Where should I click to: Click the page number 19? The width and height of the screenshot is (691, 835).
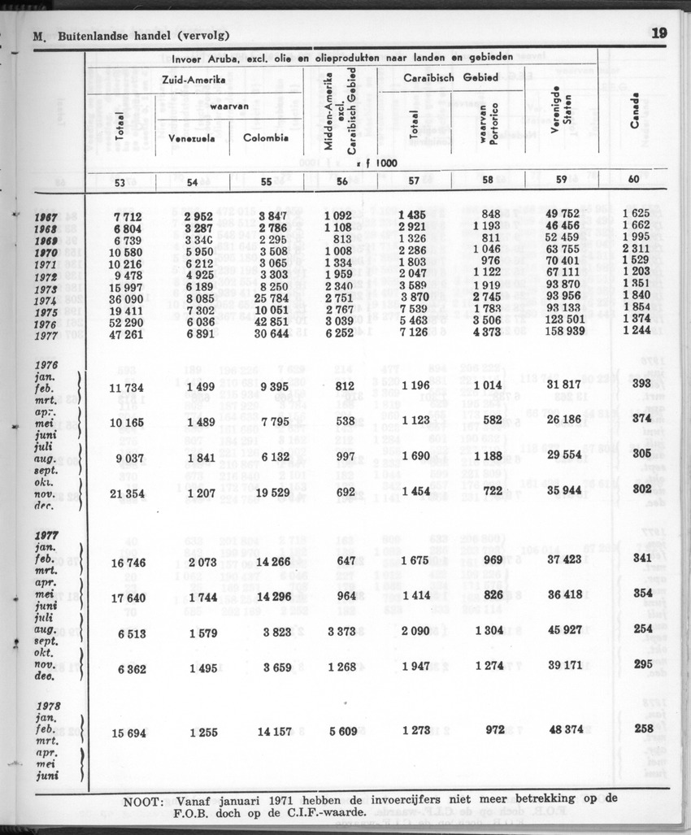[x=658, y=34]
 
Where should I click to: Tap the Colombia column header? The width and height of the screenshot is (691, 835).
[x=266, y=138]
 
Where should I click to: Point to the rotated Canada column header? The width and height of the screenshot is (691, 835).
[x=634, y=109]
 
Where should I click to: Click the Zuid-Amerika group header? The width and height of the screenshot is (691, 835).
[x=193, y=81]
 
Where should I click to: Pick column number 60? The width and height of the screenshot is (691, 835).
[x=633, y=180]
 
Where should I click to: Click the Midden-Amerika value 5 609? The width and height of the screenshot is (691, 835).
[x=341, y=730]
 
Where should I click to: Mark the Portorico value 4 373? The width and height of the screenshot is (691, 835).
[x=485, y=332]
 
